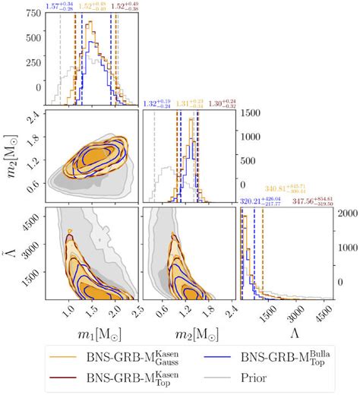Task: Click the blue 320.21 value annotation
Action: pyautogui.click(x=261, y=201)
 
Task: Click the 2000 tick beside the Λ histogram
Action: pyautogui.click(x=348, y=213)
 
